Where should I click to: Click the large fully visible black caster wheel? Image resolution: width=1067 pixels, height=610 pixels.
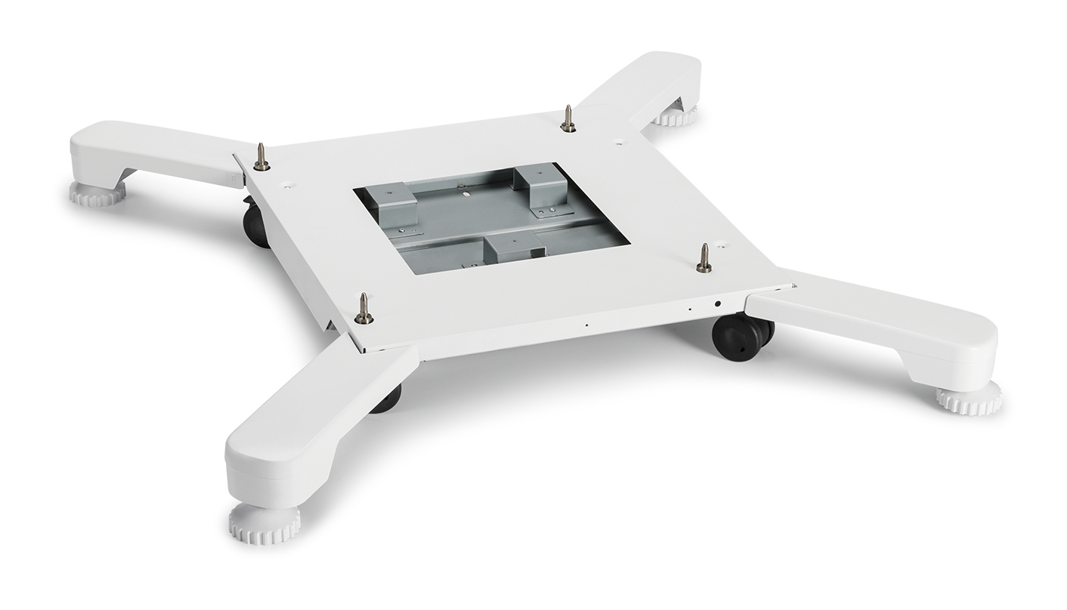(x=738, y=337)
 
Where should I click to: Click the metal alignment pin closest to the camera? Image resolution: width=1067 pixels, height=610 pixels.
(x=363, y=310)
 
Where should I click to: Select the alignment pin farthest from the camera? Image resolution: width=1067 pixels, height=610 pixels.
(x=568, y=119)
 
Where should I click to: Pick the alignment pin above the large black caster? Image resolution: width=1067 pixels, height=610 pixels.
(x=704, y=259)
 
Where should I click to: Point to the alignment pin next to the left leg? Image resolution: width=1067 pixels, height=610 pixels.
(x=261, y=158)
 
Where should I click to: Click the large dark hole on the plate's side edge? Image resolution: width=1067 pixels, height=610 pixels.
(x=717, y=303)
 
